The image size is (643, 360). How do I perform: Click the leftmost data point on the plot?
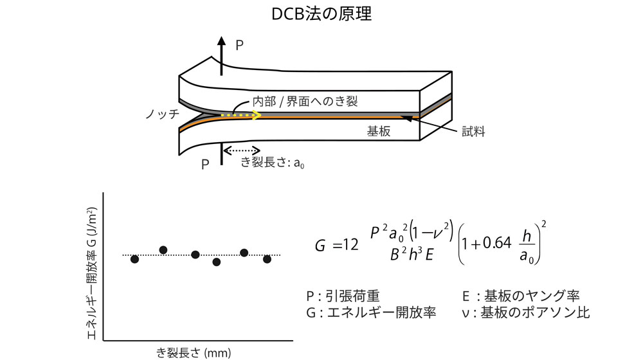(x=134, y=258)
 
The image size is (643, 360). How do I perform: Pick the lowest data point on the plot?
(x=217, y=262)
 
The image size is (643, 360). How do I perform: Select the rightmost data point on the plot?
(x=267, y=258)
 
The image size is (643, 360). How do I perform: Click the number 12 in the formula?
(x=351, y=246)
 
